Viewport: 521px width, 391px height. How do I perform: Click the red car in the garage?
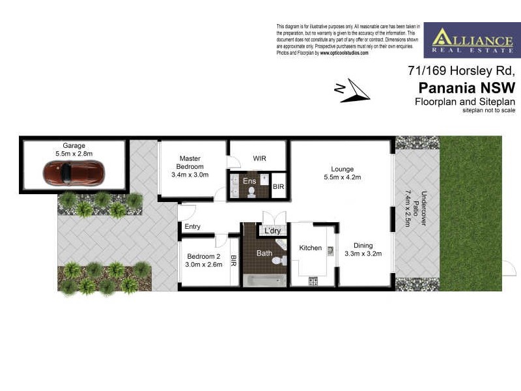(x=72, y=173)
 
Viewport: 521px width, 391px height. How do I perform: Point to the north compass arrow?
(x=354, y=91)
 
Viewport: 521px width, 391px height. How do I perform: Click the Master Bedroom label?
(x=190, y=162)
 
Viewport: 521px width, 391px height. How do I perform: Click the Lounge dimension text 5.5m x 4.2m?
(x=342, y=177)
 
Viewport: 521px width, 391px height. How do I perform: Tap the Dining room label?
(x=362, y=245)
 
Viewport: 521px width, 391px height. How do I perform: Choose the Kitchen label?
(x=311, y=248)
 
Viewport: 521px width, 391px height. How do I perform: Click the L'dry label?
(x=273, y=231)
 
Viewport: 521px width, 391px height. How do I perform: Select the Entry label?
(x=193, y=227)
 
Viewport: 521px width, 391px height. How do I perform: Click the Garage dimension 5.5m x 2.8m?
(x=74, y=154)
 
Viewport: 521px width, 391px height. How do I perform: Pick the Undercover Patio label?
(x=416, y=208)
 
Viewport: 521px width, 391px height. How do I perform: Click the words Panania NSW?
(x=466, y=87)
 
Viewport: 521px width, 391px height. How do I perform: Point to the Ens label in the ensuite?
(x=249, y=181)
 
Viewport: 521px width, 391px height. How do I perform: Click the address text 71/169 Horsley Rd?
(x=461, y=70)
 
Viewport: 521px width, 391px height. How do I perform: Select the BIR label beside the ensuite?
(x=278, y=187)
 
